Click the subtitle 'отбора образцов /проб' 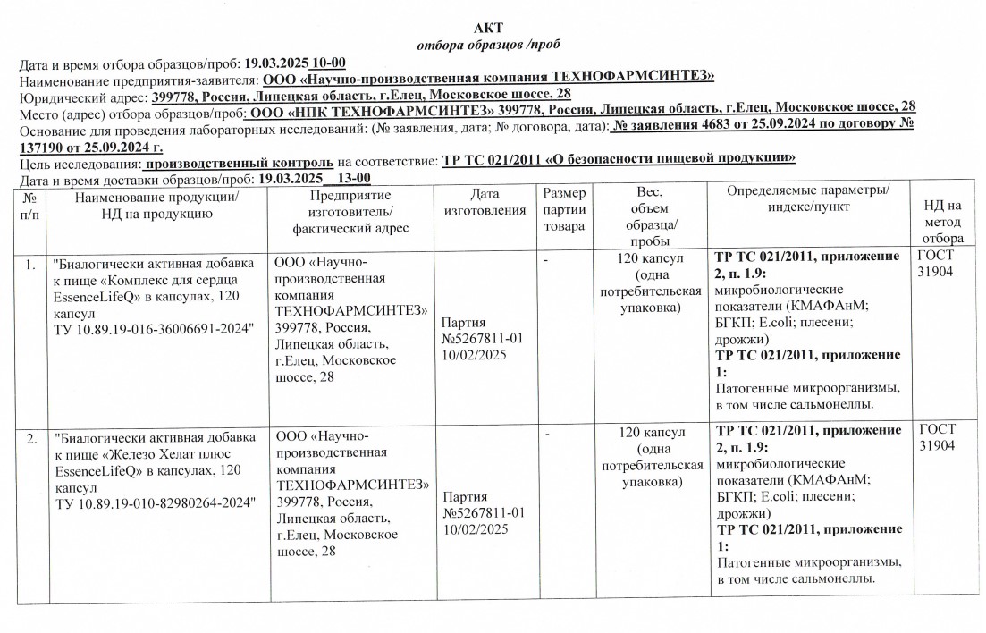pyautogui.click(x=490, y=45)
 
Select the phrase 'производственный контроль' pyautogui.click(x=239, y=162)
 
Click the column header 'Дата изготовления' pyautogui.click(x=484, y=202)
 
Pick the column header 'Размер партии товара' pyautogui.click(x=564, y=210)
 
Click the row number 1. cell pyautogui.click(x=31, y=265)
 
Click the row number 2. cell pyautogui.click(x=31, y=438)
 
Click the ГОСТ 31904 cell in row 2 pyautogui.click(x=937, y=438)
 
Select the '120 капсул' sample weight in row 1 pyautogui.click(x=651, y=258)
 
